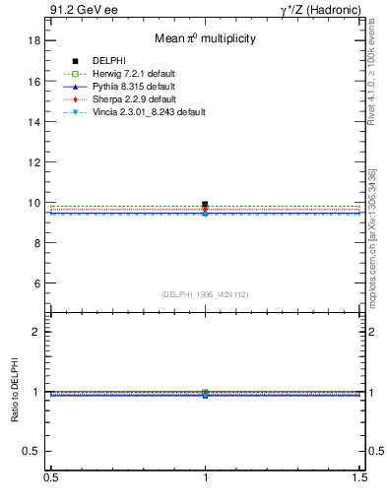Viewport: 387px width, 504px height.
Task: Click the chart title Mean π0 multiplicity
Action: coord(205,39)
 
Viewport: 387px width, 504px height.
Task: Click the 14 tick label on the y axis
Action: coord(33,122)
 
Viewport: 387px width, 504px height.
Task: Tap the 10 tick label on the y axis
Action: coord(33,203)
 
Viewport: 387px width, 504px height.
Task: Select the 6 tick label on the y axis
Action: coord(36,283)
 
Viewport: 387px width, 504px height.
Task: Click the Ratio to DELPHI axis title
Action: coord(15,392)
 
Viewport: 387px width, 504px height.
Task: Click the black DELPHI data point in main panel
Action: coord(205,205)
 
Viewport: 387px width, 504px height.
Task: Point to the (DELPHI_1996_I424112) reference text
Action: coord(205,293)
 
